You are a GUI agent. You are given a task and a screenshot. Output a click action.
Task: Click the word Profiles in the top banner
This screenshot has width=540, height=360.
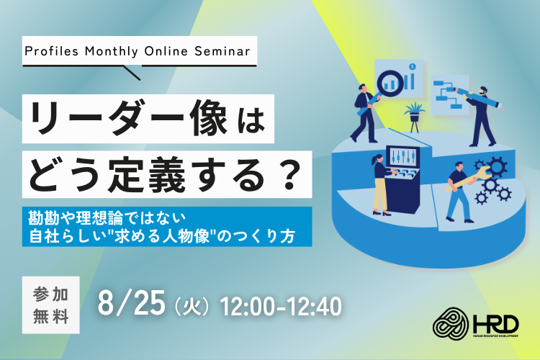[x=52, y=51]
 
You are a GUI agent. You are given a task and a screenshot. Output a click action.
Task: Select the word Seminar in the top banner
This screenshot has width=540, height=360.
[x=222, y=51]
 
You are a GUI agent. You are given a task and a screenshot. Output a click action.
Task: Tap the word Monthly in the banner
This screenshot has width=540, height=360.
[x=112, y=52]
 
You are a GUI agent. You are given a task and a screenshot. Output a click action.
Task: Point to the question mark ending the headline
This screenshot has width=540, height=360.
[x=289, y=174]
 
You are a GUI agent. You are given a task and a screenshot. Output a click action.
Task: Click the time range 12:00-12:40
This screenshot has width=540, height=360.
[x=281, y=306]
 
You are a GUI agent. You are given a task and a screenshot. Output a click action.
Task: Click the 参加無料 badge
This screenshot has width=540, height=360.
[x=51, y=305]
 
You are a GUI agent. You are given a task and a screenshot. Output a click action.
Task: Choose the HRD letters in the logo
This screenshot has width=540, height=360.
[x=495, y=324]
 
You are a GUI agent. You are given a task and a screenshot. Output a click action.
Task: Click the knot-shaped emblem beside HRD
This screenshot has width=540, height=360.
[x=451, y=323]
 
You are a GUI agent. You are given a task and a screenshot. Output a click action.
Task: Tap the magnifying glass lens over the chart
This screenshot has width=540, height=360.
[x=390, y=83]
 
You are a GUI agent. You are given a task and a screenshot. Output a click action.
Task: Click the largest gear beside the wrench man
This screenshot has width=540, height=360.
[x=497, y=167]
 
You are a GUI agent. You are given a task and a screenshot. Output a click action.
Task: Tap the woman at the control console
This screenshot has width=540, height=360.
[x=380, y=184]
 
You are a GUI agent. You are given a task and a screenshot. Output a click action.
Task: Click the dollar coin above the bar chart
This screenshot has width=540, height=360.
[x=413, y=66]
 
